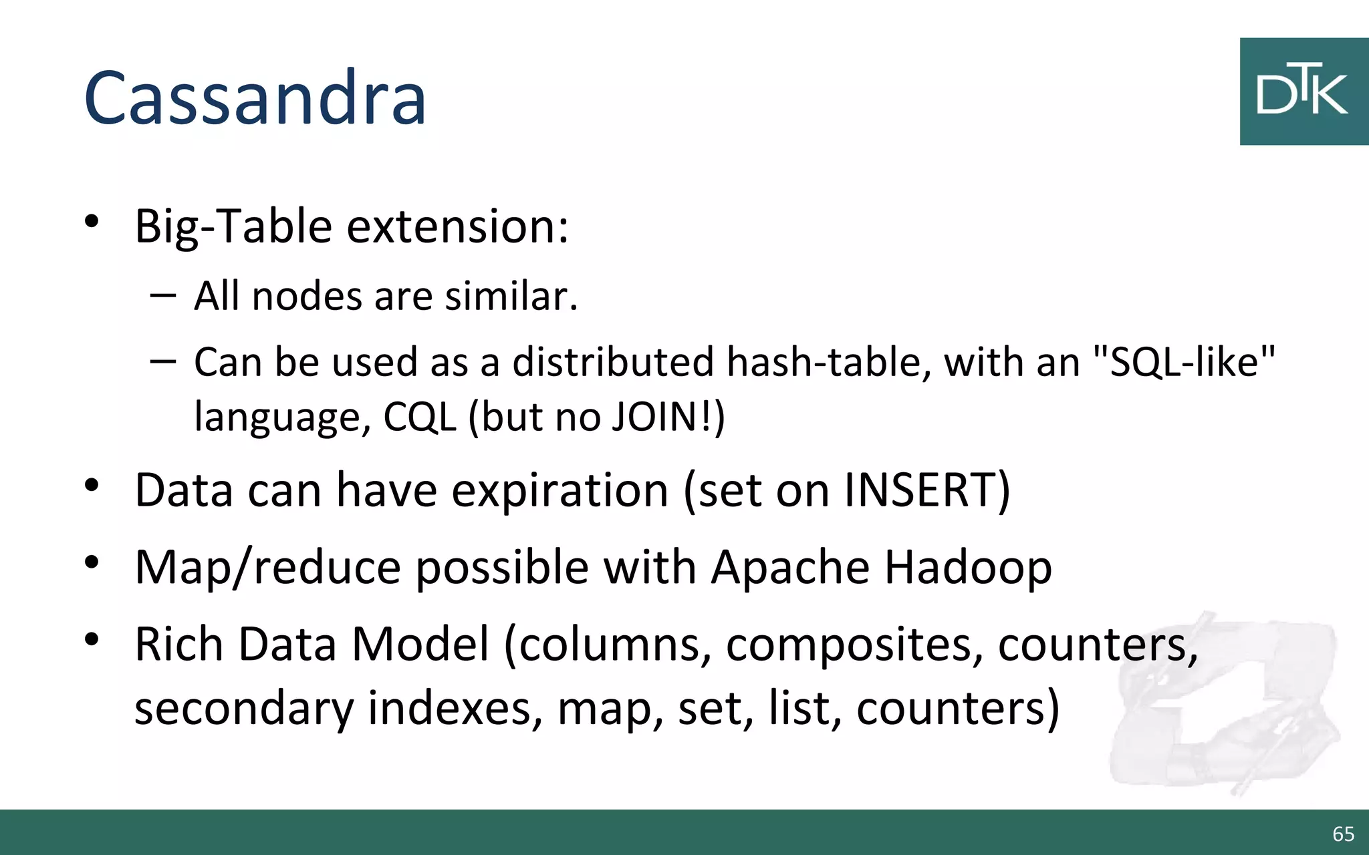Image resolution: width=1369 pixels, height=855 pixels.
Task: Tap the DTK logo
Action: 1303,92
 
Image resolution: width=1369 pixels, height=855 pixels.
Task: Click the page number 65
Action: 1343,834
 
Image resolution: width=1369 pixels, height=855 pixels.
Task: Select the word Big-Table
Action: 233,227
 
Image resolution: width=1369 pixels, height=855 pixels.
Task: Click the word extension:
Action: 457,227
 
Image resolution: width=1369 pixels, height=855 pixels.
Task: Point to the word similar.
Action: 511,296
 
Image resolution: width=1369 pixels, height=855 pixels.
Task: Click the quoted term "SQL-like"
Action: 1183,363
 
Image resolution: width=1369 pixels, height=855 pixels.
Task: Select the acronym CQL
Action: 419,417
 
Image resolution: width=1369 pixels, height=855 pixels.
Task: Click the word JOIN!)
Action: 668,417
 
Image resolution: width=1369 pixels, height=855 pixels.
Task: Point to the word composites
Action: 854,645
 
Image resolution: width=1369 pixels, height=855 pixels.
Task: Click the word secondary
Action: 243,708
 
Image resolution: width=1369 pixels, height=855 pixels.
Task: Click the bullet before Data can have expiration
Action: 92,486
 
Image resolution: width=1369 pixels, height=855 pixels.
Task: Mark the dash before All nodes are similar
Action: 163,295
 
